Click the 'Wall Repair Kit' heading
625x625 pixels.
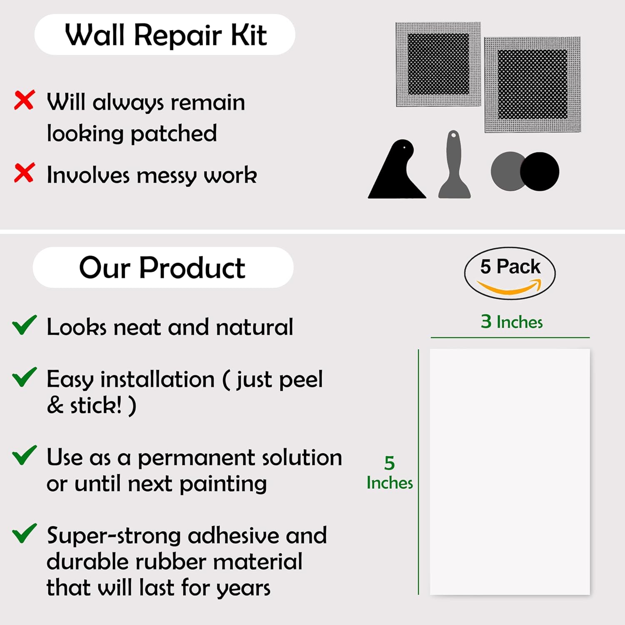click(165, 35)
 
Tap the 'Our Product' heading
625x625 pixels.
click(162, 267)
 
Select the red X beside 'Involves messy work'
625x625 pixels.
click(24, 173)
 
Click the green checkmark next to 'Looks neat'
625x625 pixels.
click(24, 325)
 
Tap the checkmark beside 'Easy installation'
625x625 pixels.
click(24, 377)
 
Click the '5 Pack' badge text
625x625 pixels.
click(510, 267)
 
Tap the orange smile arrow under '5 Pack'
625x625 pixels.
click(509, 287)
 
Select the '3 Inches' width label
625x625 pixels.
click(512, 322)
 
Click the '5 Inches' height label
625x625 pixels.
click(390, 473)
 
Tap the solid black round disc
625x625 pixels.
click(540, 172)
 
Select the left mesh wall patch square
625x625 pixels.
click(438, 65)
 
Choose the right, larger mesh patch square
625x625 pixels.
click(532, 85)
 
